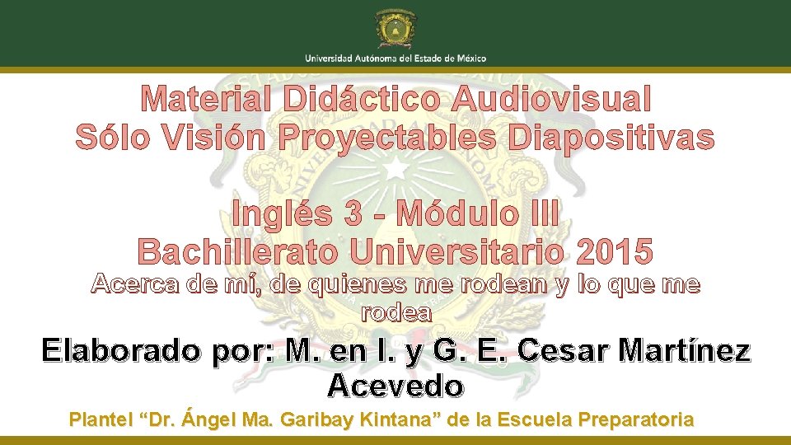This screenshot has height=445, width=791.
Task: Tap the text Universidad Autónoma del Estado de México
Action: [395, 58]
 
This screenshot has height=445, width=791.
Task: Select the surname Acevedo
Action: [395, 385]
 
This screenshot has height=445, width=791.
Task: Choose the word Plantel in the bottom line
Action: [101, 419]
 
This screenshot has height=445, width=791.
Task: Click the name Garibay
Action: [316, 419]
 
